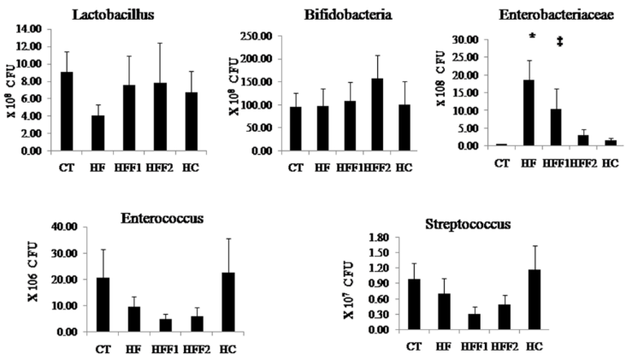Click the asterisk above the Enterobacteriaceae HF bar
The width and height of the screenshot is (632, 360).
[533, 37]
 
